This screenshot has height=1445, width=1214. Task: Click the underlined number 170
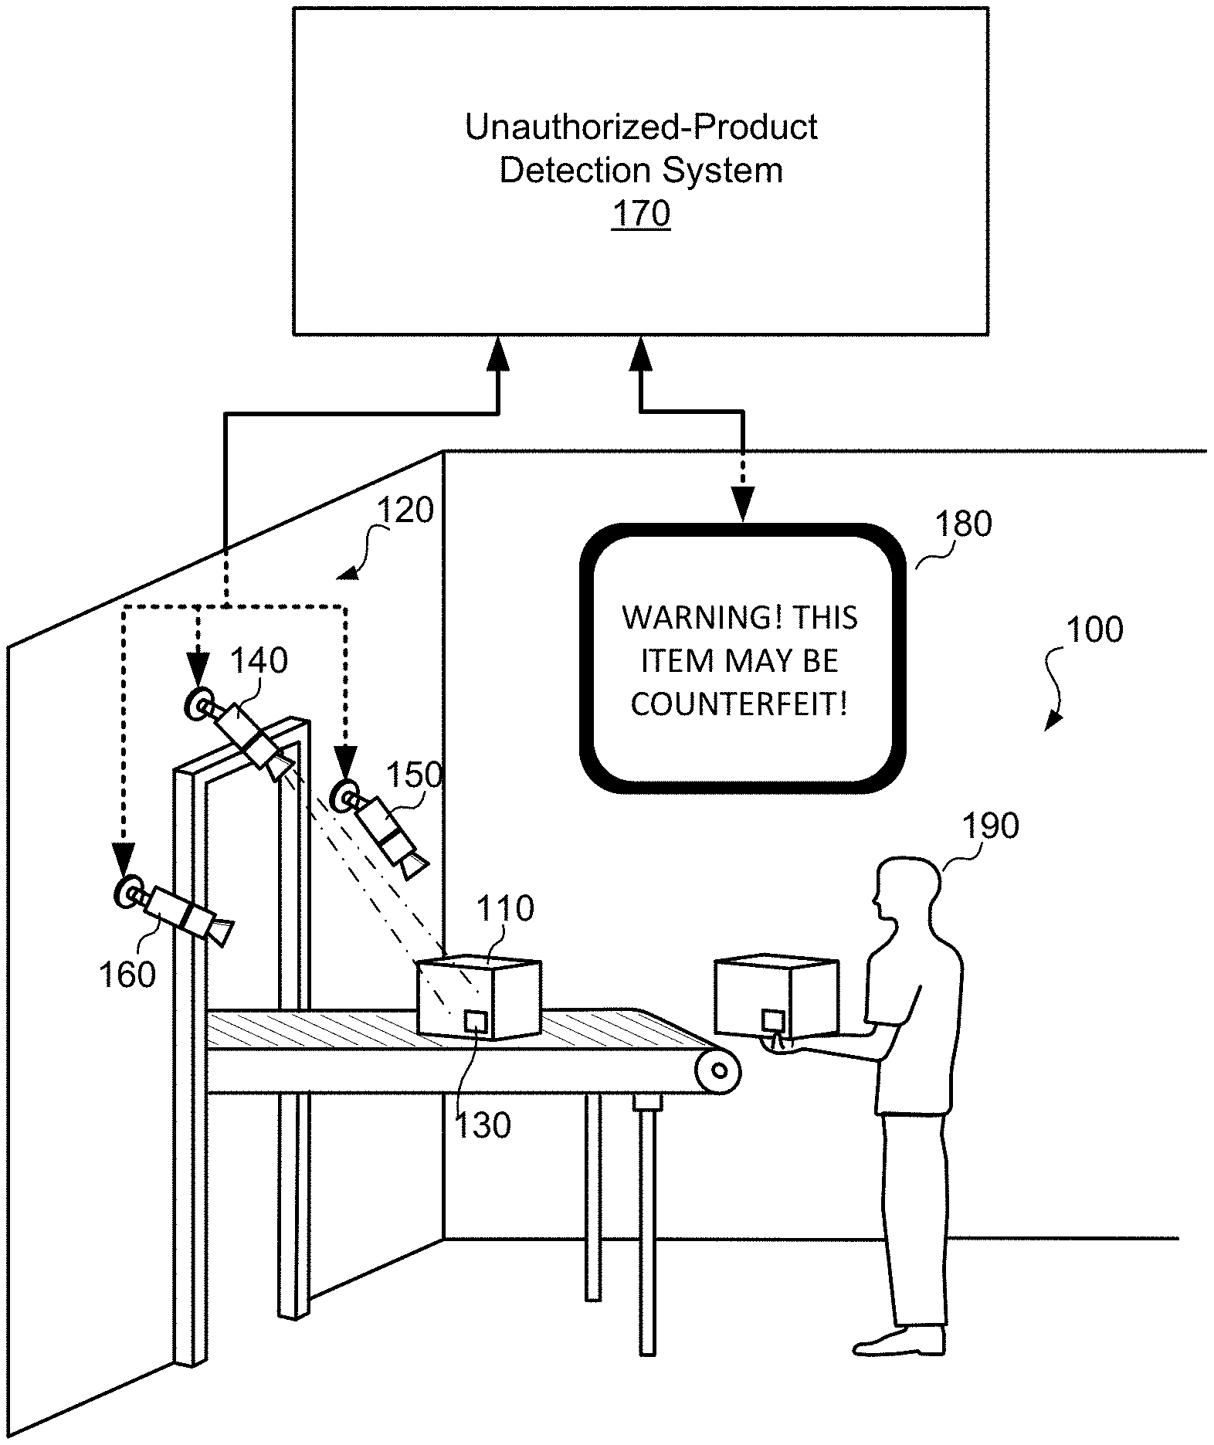tap(641, 213)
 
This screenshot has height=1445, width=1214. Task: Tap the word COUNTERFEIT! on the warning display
tap(740, 704)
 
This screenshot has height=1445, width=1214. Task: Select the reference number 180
tap(963, 524)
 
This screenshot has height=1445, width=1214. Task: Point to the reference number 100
tap(1094, 629)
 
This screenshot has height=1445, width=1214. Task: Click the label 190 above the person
tap(991, 826)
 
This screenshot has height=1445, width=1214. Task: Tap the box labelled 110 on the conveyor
tap(479, 998)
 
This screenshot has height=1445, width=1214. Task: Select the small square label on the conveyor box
tap(476, 1021)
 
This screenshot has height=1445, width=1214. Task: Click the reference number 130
tap(483, 1125)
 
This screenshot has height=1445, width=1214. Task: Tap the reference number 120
tap(405, 510)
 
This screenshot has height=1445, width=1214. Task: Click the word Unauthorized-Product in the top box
tap(641, 127)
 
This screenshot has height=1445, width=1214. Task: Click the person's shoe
tap(899, 1342)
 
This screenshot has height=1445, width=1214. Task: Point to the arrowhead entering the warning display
tap(742, 510)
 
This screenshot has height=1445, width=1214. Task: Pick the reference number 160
tap(127, 975)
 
